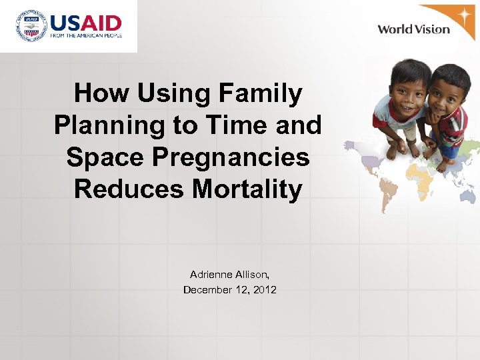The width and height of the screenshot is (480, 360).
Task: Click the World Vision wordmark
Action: [x=413, y=29]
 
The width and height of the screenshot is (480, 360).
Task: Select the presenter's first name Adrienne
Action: [x=210, y=275]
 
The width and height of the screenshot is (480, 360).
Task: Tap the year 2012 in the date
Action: [x=265, y=289]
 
